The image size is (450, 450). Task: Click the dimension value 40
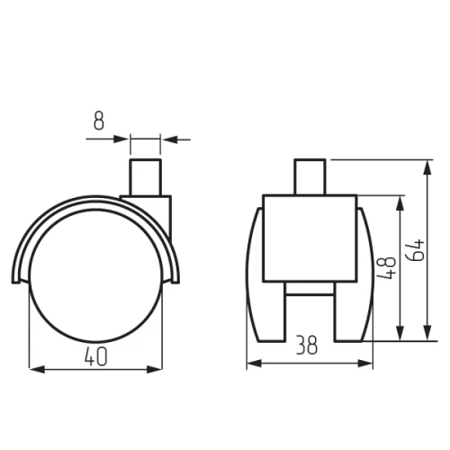pos(97,356)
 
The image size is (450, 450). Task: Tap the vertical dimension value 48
pos(385,268)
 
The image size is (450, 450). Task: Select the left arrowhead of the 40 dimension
pos(35,368)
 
